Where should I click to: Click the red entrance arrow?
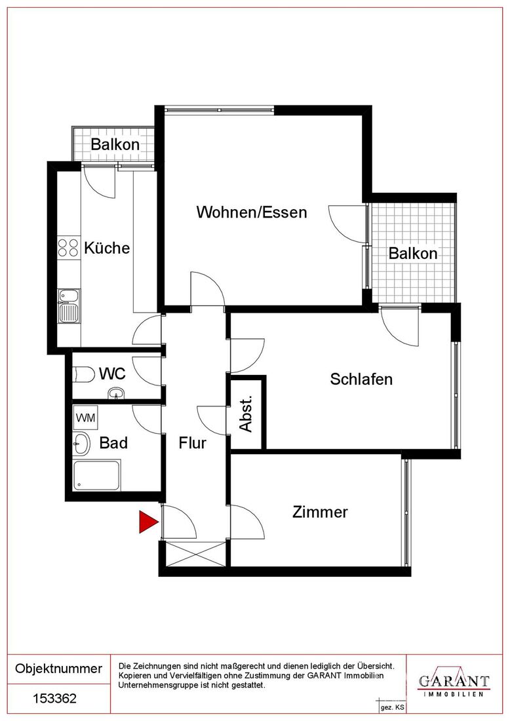point(147,522)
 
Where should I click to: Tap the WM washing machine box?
point(85,418)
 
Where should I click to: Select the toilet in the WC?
point(83,374)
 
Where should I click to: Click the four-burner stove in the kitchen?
point(69,247)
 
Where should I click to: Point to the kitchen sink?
point(69,305)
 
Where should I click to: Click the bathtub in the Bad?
point(97,475)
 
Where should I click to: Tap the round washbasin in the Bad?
point(82,444)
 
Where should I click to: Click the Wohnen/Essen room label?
point(252,212)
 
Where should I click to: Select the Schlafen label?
point(361,379)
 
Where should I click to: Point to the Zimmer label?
point(320,512)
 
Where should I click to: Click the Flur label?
point(192,443)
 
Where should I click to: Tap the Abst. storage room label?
point(246,413)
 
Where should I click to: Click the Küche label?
point(107,248)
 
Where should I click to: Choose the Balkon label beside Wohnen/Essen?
point(413,253)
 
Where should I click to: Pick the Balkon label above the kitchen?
point(115,144)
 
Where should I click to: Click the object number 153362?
point(54,699)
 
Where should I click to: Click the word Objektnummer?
point(58,668)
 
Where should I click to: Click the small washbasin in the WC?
point(115,393)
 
